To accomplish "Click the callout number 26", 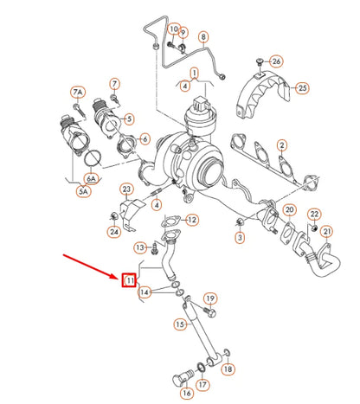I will point(276,61).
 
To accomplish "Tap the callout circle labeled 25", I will point(302,87).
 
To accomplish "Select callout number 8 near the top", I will point(203,38).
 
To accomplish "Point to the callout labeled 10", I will point(172,29).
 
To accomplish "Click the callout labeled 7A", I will point(77,93).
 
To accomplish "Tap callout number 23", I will point(125,189).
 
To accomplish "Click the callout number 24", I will point(114,231).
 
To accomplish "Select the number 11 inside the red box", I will point(129,280).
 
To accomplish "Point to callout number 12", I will point(192,221).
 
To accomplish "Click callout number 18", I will point(228,369).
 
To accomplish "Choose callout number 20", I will point(290,210).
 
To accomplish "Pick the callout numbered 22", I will point(315,214).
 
